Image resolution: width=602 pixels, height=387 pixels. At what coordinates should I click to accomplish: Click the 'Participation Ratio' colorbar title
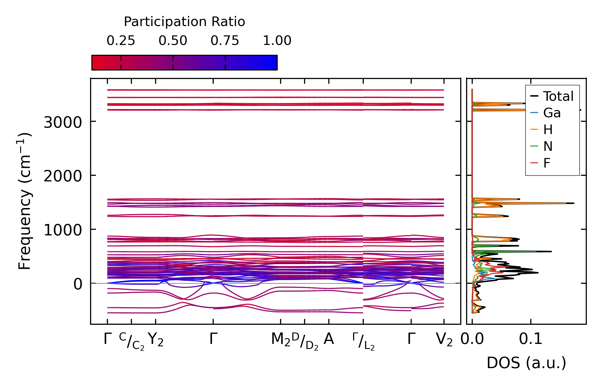pyautogui.click(x=184, y=22)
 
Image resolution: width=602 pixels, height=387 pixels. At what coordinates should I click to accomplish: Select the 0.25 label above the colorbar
pyautogui.click(x=121, y=41)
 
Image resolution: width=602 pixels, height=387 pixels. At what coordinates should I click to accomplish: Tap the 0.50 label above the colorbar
pyautogui.click(x=173, y=41)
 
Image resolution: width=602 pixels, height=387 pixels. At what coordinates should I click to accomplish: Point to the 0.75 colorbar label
pyautogui.click(x=225, y=41)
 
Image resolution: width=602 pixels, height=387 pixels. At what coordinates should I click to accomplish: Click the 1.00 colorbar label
pyautogui.click(x=277, y=41)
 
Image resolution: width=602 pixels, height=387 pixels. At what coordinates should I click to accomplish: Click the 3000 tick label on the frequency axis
pyautogui.click(x=63, y=123)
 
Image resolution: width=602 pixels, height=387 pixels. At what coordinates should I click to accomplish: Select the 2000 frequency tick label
pyautogui.click(x=63, y=176)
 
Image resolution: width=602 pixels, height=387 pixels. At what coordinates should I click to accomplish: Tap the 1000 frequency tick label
pyautogui.click(x=63, y=230)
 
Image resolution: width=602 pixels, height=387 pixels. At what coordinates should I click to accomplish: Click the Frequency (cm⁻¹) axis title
pyautogui.click(x=25, y=201)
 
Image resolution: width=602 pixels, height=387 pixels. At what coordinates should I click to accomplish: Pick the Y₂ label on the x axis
pyautogui.click(x=156, y=340)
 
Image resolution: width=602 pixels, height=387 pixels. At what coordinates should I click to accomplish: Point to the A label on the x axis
pyautogui.click(x=329, y=339)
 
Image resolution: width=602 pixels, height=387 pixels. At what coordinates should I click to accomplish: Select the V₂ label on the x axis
pyautogui.click(x=444, y=340)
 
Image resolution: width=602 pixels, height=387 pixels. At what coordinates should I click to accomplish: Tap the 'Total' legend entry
pyautogui.click(x=558, y=96)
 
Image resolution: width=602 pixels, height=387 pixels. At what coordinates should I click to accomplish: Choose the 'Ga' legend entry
pyautogui.click(x=552, y=113)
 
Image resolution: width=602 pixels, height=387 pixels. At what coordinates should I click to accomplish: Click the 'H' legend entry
pyautogui.click(x=548, y=130)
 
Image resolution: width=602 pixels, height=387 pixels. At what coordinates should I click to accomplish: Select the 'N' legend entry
pyautogui.click(x=548, y=146)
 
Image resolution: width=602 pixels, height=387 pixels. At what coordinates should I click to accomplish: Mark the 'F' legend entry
pyautogui.click(x=547, y=163)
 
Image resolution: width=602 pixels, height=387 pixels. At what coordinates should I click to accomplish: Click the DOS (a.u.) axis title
pyautogui.click(x=526, y=363)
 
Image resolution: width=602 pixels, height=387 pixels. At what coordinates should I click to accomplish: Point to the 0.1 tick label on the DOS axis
pyautogui.click(x=531, y=339)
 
